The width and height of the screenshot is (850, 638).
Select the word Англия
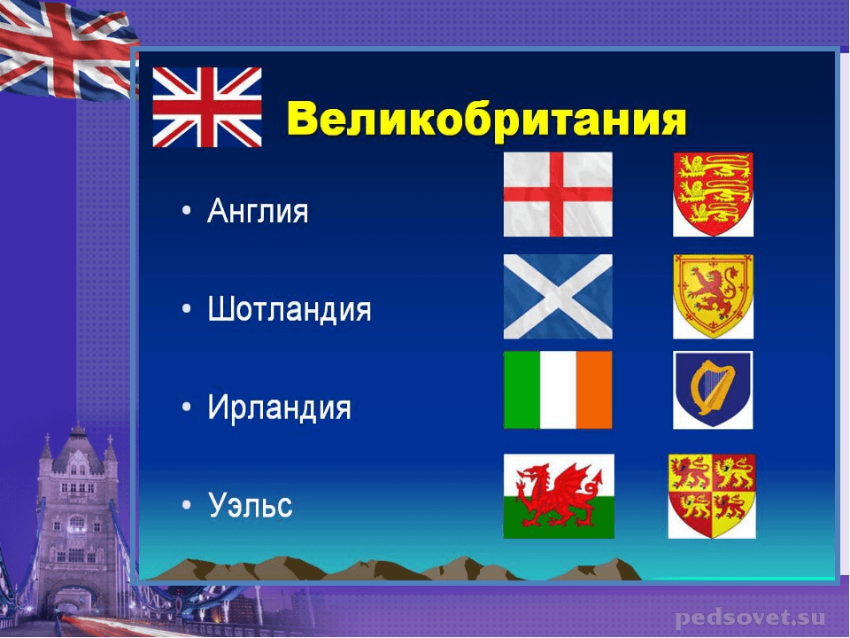[x=258, y=211]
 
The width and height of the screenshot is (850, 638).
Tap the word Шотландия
[x=290, y=310]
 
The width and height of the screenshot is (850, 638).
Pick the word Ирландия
[x=279, y=408]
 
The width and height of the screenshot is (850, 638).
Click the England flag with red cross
[x=558, y=194]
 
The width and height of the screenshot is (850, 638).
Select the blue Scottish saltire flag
[x=558, y=297]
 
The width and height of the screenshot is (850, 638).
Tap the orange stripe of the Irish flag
[x=594, y=390]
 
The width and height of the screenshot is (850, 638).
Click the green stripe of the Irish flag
[x=522, y=390]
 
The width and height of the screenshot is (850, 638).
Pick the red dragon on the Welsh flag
[x=559, y=494]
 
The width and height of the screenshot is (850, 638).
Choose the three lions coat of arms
[x=713, y=194]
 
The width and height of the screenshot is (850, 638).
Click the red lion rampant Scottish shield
[x=713, y=297]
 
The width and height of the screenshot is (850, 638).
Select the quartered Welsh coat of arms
[x=712, y=496]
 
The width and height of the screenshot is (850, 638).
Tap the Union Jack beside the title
[x=207, y=107]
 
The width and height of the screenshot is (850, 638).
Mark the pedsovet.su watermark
[x=750, y=618]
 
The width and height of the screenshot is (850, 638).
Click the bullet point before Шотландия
[x=187, y=309]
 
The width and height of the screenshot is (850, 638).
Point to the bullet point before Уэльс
[x=187, y=504]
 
